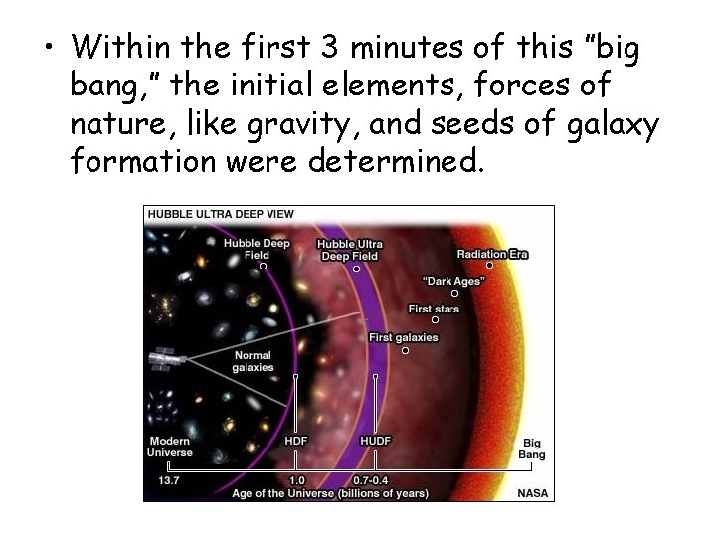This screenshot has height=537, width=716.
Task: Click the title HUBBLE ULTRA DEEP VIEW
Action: click(x=221, y=214)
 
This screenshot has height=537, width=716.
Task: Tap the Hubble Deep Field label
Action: click(x=257, y=249)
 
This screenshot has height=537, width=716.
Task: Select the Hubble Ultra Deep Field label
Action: click(x=349, y=250)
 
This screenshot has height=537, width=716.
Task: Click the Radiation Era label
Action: click(x=492, y=254)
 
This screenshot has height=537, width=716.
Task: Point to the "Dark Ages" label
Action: click(x=454, y=281)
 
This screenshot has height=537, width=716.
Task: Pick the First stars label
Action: click(x=434, y=309)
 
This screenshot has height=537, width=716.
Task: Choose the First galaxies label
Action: click(x=403, y=337)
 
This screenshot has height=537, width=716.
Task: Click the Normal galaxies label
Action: click(x=253, y=361)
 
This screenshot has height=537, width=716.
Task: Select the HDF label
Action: click(x=296, y=441)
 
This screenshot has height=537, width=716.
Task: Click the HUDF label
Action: click(x=375, y=441)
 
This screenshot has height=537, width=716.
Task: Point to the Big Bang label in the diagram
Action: click(x=532, y=448)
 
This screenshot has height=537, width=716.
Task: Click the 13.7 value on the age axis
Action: click(x=168, y=479)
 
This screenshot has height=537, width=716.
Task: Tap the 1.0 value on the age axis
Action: click(x=296, y=479)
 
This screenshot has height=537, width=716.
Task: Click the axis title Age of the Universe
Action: click(x=330, y=492)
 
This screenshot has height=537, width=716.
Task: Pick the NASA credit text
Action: click(x=531, y=492)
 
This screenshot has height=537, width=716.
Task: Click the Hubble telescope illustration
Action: click(x=162, y=359)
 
